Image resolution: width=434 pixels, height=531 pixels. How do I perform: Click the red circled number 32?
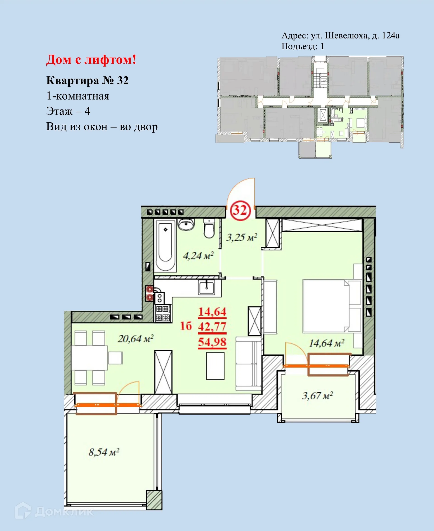[240, 210]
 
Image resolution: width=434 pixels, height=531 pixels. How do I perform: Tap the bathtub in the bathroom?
[165, 245]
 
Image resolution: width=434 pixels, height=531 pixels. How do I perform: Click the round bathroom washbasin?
[186, 224]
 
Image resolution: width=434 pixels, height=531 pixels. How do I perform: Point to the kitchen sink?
[207, 287]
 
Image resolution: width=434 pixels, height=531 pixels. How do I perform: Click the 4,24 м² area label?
[198, 256]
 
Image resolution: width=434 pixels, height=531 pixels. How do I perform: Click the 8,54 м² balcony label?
[104, 452]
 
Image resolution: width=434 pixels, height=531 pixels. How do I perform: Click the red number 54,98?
[212, 342]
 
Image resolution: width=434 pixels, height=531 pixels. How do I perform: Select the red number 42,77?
[212, 326]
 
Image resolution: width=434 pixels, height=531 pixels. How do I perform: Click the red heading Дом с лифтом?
[91, 60]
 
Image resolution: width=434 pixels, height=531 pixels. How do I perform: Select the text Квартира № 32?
[87, 81]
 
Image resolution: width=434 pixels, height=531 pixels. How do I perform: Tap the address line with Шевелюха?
[340, 36]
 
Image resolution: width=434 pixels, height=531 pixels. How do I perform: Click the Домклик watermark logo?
[54, 512]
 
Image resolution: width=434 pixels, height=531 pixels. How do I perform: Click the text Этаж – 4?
[68, 111]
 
